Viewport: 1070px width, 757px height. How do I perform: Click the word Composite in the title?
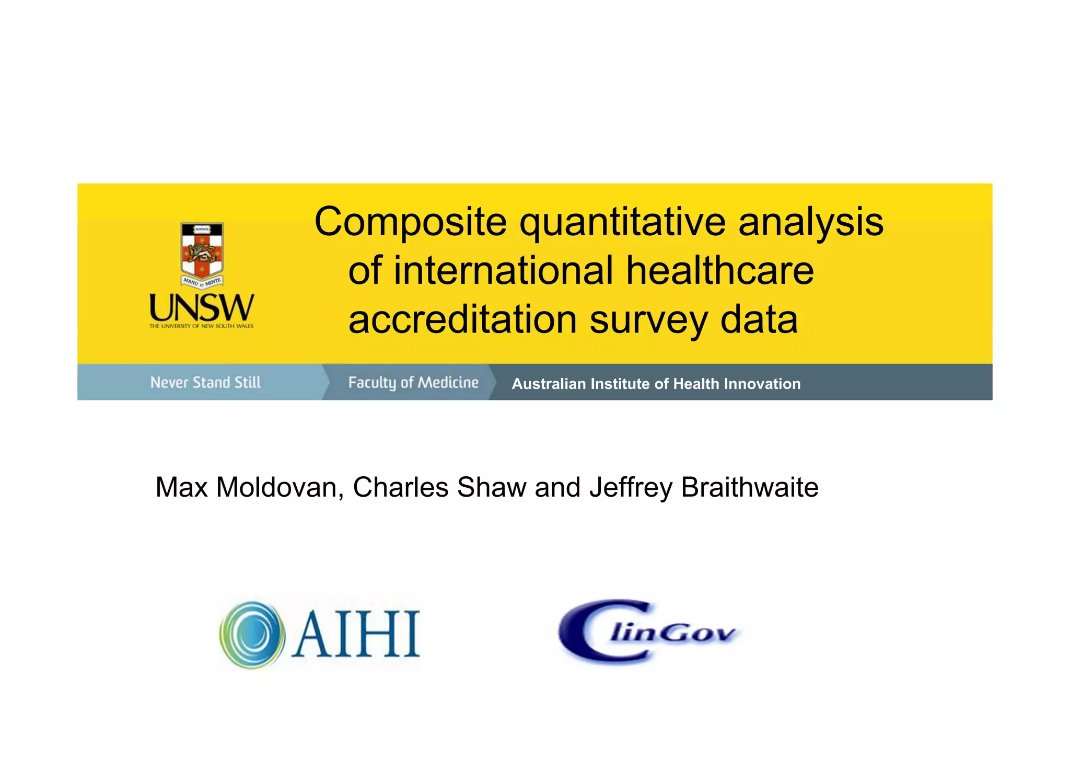410,222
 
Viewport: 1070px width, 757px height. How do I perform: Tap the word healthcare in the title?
719,271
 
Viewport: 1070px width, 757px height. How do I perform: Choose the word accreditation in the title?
462,319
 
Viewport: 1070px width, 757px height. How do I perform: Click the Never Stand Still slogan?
205,383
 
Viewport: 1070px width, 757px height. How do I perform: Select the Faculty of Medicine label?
413,383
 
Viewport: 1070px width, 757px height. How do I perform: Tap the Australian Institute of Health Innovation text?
656,384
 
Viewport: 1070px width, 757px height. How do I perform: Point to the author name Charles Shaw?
439,488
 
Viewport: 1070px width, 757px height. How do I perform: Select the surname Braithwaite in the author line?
749,488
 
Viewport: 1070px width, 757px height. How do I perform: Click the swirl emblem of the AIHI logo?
252,635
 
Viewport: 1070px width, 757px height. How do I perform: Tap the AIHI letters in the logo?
356,635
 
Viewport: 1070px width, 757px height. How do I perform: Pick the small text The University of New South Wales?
201,326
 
